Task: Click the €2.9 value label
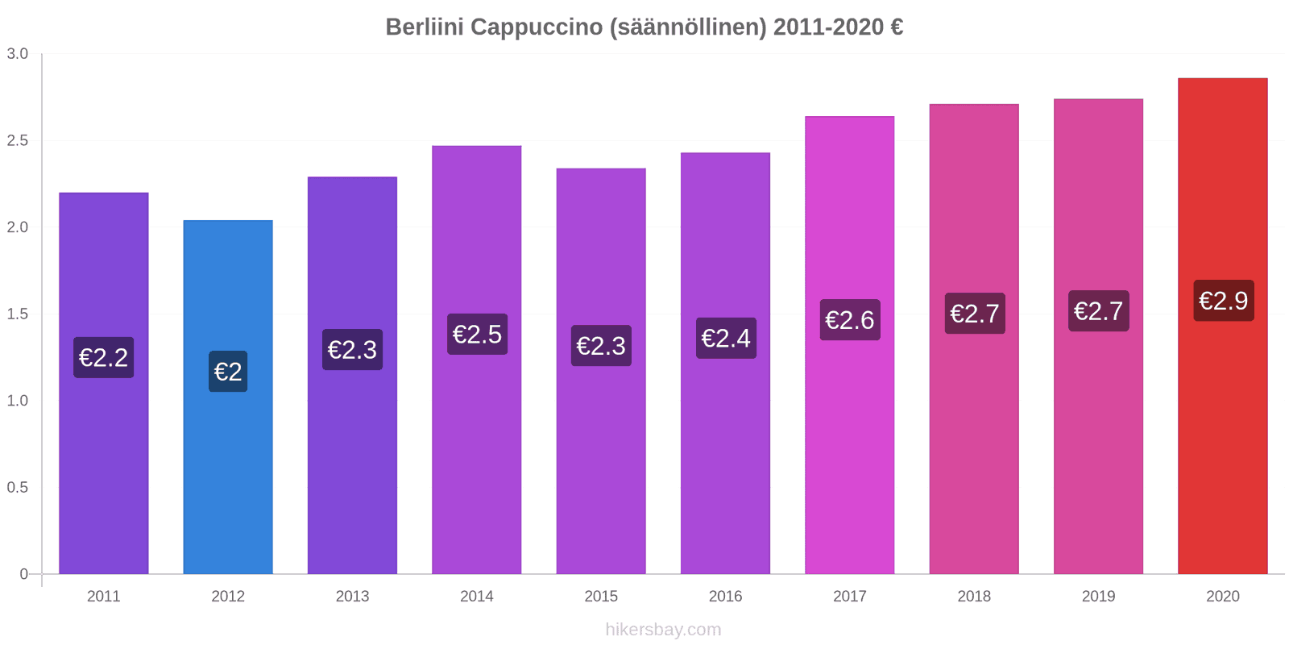click(x=1223, y=301)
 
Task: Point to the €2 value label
click(x=228, y=372)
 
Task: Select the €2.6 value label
click(x=850, y=320)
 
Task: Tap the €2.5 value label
click(x=477, y=334)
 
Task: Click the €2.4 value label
click(x=726, y=338)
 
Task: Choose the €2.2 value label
click(x=104, y=357)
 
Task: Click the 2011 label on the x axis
click(x=104, y=597)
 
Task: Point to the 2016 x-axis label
click(x=725, y=597)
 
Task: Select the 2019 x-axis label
click(x=1098, y=597)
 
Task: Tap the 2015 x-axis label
click(x=601, y=597)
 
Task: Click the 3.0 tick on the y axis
click(x=18, y=54)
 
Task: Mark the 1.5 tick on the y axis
click(x=18, y=314)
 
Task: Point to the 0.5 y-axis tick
click(x=18, y=488)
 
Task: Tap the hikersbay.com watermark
click(x=663, y=630)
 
